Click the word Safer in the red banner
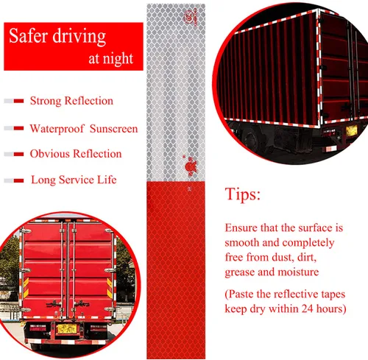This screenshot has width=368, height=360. click(28, 36)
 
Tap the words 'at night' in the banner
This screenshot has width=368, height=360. click(110, 58)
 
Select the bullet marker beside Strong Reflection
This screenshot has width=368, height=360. click(14, 101)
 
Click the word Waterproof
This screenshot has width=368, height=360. click(57, 129)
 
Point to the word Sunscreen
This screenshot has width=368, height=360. click(113, 129)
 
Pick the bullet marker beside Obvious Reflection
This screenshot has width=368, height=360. click(14, 154)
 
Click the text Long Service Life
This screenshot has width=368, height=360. click(74, 180)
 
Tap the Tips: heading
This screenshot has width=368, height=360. click(242, 194)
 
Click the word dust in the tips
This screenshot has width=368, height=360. click(282, 257)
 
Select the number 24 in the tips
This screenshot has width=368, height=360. click(308, 308)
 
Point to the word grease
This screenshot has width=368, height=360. click(240, 272)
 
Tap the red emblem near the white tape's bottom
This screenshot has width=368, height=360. click(191, 166)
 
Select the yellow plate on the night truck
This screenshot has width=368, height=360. click(351, 131)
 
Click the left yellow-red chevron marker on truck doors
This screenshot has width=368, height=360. click(26, 288)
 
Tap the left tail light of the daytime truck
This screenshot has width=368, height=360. click(38, 328)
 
